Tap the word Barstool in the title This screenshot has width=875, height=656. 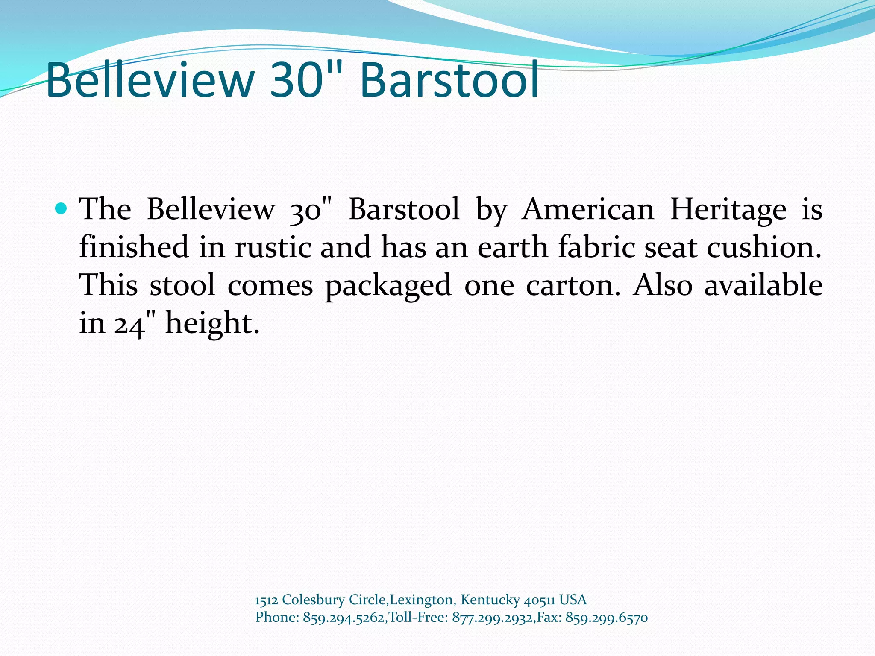pyautogui.click(x=449, y=80)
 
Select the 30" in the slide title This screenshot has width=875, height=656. pyautogui.click(x=306, y=80)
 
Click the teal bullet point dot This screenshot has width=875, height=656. pyautogui.click(x=62, y=209)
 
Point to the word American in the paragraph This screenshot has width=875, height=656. pyautogui.click(x=588, y=210)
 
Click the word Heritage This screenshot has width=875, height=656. pyautogui.click(x=728, y=210)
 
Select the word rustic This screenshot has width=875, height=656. pyautogui.click(x=273, y=247)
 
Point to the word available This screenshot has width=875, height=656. pyautogui.click(x=763, y=285)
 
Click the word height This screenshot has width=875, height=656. pyautogui.click(x=212, y=323)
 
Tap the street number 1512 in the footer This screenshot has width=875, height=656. pyautogui.click(x=266, y=600)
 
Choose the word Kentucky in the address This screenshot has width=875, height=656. pyautogui.click(x=490, y=600)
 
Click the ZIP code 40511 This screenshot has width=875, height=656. pyautogui.click(x=539, y=600)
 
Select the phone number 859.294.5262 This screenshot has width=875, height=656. pyautogui.click(x=344, y=618)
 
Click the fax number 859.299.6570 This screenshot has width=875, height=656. pyautogui.click(x=606, y=618)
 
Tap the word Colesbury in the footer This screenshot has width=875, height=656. pyautogui.click(x=313, y=600)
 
